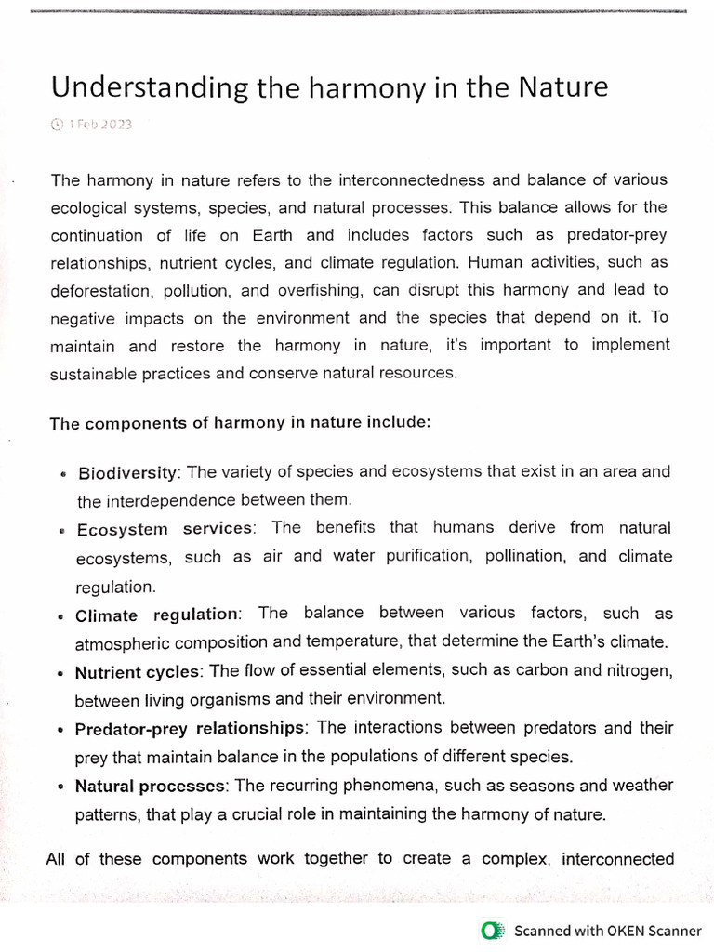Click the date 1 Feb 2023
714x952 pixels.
click(x=99, y=125)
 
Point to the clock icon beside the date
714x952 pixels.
click(x=57, y=125)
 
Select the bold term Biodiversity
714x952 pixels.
click(x=128, y=473)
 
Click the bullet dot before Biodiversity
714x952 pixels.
click(x=61, y=474)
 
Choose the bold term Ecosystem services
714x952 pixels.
click(x=165, y=529)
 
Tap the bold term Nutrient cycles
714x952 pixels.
click(x=138, y=672)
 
